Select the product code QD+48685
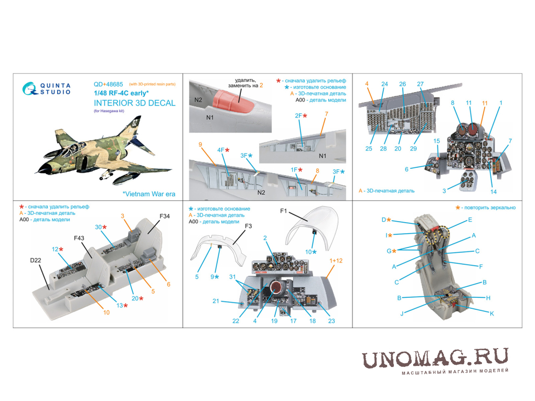108,84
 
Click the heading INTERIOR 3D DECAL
134,103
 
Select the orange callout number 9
200,145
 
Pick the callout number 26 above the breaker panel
403,84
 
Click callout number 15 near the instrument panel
436,141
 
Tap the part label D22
36,260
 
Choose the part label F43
79,238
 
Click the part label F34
165,216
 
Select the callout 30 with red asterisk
101,227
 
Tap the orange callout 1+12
336,261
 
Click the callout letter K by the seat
491,313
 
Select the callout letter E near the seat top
470,220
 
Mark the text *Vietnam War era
149,194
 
